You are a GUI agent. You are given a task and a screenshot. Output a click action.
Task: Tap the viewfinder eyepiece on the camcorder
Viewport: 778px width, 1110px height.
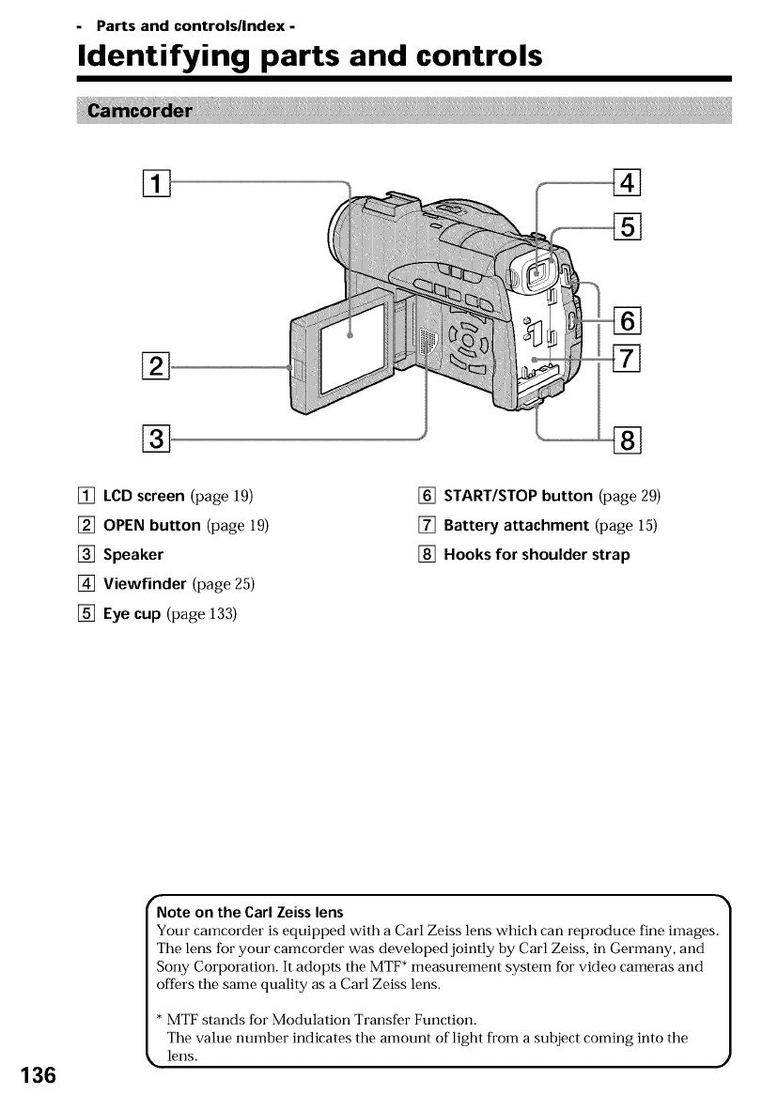click(531, 273)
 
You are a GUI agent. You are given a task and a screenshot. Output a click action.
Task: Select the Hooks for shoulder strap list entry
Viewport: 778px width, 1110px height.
click(537, 554)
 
